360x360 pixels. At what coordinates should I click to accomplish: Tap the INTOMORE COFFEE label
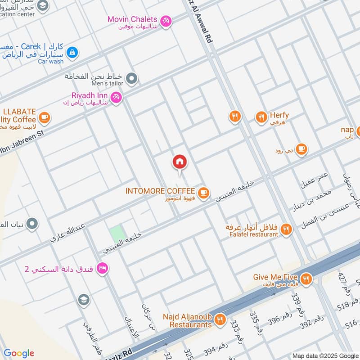coord(160,191)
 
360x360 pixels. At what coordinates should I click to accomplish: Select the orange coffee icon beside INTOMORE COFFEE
coord(204,193)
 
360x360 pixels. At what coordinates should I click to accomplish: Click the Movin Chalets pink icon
coord(166,21)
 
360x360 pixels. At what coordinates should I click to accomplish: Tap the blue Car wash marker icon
coord(72,53)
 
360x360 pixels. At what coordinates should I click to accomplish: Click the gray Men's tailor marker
coord(131,79)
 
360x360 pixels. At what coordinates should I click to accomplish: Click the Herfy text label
coord(279,115)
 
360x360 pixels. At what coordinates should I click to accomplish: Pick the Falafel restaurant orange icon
coord(286,230)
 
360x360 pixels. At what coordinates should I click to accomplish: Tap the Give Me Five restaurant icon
coord(306,279)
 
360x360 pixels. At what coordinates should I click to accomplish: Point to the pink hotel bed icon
coord(103,268)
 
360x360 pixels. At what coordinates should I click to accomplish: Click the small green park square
coord(117,234)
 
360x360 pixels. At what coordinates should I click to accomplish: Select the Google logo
coord(19,353)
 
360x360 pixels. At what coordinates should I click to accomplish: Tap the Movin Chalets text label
coord(132,19)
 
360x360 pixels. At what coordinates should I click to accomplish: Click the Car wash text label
coord(50,61)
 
